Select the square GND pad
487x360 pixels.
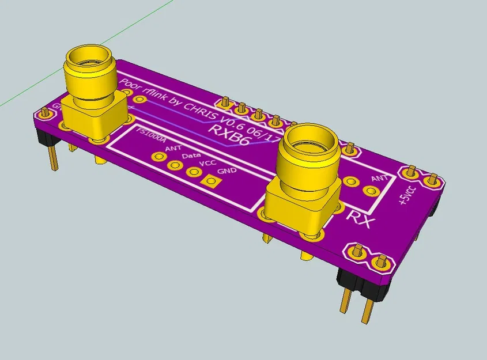pyautogui.click(x=212, y=181)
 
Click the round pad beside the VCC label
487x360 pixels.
pyautogui.click(x=192, y=172)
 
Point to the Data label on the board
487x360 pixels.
pyautogui.click(x=191, y=156)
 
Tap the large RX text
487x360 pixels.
pyautogui.click(x=363, y=219)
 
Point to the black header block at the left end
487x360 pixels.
pyautogui.click(x=44, y=137)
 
